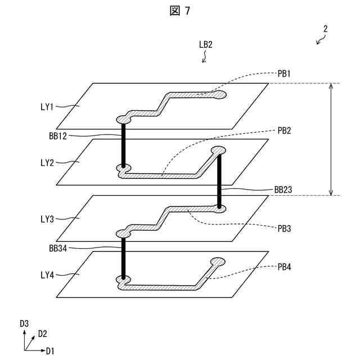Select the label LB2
point(205,44)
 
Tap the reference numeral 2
point(325,29)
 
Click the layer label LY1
point(47,107)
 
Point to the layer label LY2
point(47,163)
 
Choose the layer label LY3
point(47,219)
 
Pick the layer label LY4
point(47,275)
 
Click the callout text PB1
point(284,73)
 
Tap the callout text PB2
point(284,130)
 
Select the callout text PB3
point(284,229)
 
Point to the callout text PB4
point(284,267)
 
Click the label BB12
point(58,136)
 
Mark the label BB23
point(283,190)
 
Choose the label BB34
point(58,247)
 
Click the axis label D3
point(24,323)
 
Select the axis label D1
point(51,351)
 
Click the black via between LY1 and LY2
point(123,144)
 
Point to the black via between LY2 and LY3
point(219,180)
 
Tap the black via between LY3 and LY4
point(123,256)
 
